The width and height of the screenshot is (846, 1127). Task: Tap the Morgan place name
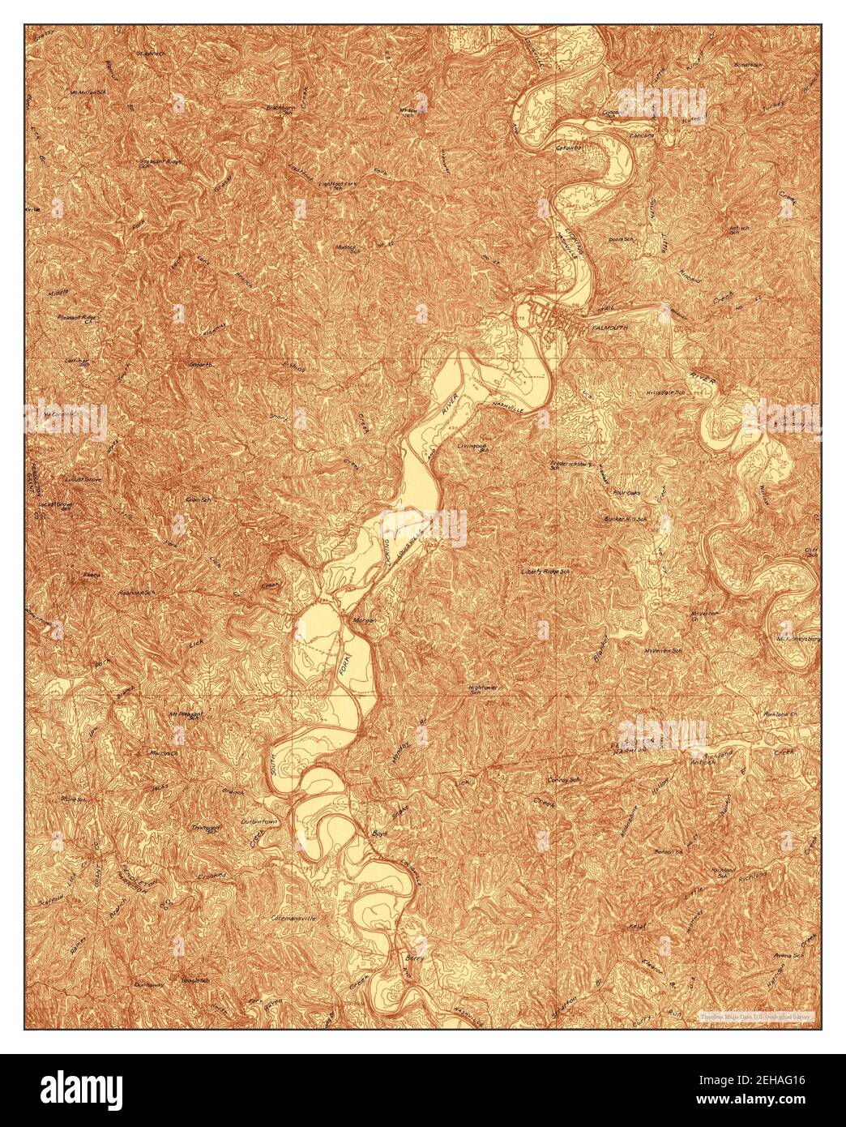point(365,620)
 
